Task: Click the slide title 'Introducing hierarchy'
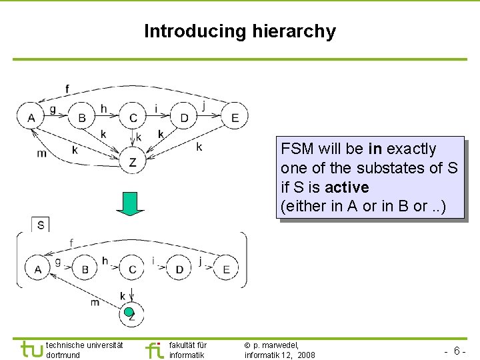click(240, 31)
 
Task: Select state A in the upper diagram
click(31, 117)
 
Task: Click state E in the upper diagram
click(235, 117)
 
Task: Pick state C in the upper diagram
click(133, 117)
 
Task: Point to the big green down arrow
click(130, 204)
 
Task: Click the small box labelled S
click(41, 225)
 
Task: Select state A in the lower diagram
click(38, 269)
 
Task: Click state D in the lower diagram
click(179, 269)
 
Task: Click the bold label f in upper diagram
click(67, 89)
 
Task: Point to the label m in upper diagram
click(41, 154)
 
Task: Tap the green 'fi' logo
click(153, 349)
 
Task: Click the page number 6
click(457, 351)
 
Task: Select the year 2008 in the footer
click(307, 355)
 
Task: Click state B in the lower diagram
click(85, 269)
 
